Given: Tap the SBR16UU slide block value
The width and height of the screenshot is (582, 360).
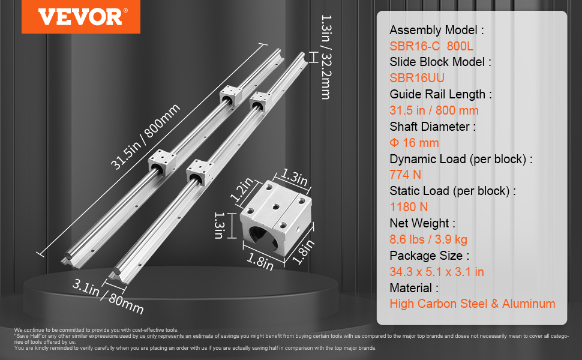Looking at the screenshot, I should (x=417, y=77).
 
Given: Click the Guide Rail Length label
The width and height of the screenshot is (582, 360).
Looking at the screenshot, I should (x=441, y=94).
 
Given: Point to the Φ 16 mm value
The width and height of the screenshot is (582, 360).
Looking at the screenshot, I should (x=414, y=143).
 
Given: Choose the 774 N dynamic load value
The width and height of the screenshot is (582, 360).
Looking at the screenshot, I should (x=406, y=175).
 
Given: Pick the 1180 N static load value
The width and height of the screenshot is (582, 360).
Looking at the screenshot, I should (x=409, y=206).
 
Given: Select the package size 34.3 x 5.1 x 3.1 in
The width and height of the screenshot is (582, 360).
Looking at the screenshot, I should (x=437, y=271).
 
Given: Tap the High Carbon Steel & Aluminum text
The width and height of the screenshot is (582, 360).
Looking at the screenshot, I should (x=472, y=304).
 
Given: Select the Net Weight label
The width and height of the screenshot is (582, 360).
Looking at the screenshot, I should (x=422, y=223).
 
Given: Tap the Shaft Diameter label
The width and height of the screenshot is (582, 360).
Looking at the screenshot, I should (x=433, y=127).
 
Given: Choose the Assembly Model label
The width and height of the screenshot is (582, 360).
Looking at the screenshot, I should (x=436, y=30).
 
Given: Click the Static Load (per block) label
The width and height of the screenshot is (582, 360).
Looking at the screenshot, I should (x=453, y=191).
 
